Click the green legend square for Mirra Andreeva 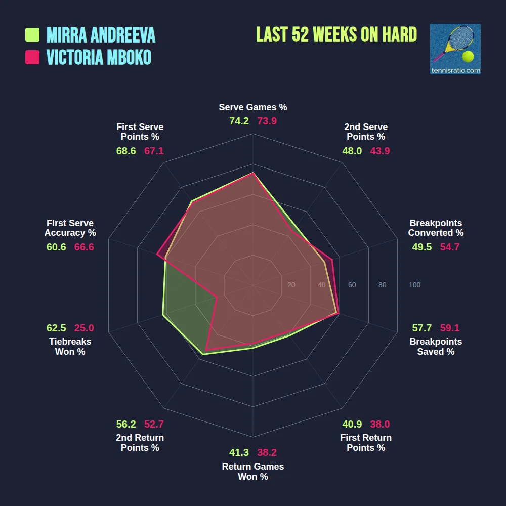pyautogui.click(x=32, y=35)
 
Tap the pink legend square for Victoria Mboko pyautogui.click(x=32, y=57)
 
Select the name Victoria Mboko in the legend pyautogui.click(x=99, y=57)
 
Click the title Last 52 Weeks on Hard pyautogui.click(x=336, y=35)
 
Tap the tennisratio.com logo pyautogui.click(x=455, y=49)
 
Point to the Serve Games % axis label pyautogui.click(x=253, y=107)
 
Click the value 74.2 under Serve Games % pyautogui.click(x=239, y=121)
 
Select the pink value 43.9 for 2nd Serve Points pyautogui.click(x=379, y=151)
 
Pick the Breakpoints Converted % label pyautogui.click(x=436, y=228)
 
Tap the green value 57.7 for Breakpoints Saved pyautogui.click(x=422, y=328)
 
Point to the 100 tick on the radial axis pyautogui.click(x=414, y=285)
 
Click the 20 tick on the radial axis pyautogui.click(x=291, y=285)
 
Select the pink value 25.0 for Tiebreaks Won pyautogui.click(x=84, y=328)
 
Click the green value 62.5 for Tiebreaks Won pyautogui.click(x=56, y=328)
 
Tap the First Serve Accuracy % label pyautogui.click(x=70, y=228)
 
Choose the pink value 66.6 pyautogui.click(x=84, y=247)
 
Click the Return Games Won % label pyautogui.click(x=253, y=472)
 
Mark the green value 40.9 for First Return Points pyautogui.click(x=352, y=424)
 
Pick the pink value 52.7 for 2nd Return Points pyautogui.click(x=154, y=424)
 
